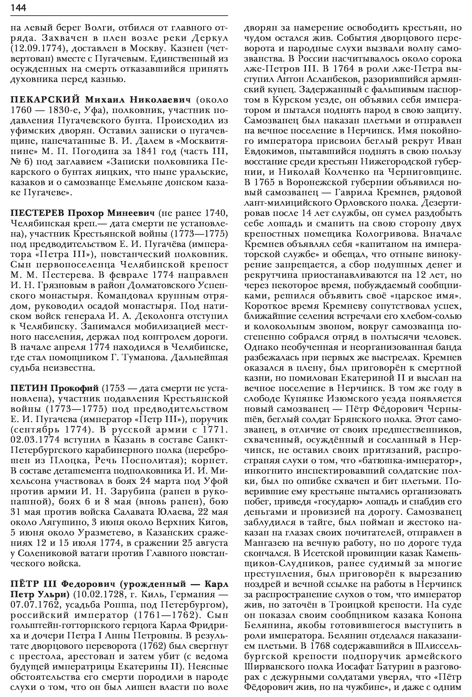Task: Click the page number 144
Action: coord(18,8)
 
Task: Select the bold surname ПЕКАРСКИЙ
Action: coord(45,100)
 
